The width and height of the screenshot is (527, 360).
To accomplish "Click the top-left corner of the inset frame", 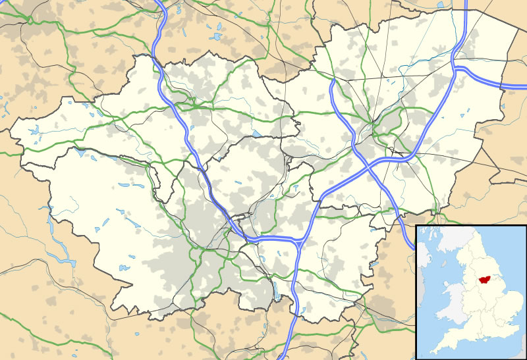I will (x=416, y=225).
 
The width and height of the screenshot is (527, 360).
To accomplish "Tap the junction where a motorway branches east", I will (x=455, y=66).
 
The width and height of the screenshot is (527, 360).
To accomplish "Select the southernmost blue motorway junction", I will (x=300, y=242).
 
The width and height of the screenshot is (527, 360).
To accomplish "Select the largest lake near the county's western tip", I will (x=34, y=130).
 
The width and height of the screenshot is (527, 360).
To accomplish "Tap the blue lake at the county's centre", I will (x=256, y=133).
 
